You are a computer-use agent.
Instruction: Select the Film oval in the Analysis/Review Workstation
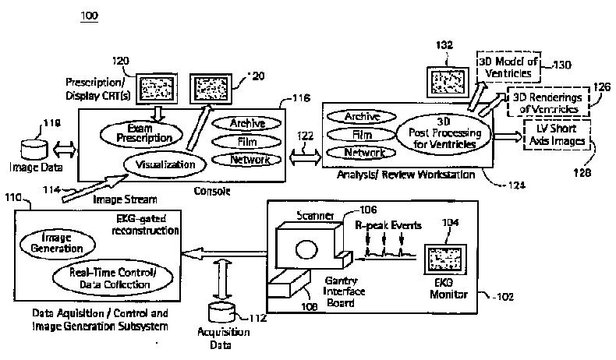tap(360, 135)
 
